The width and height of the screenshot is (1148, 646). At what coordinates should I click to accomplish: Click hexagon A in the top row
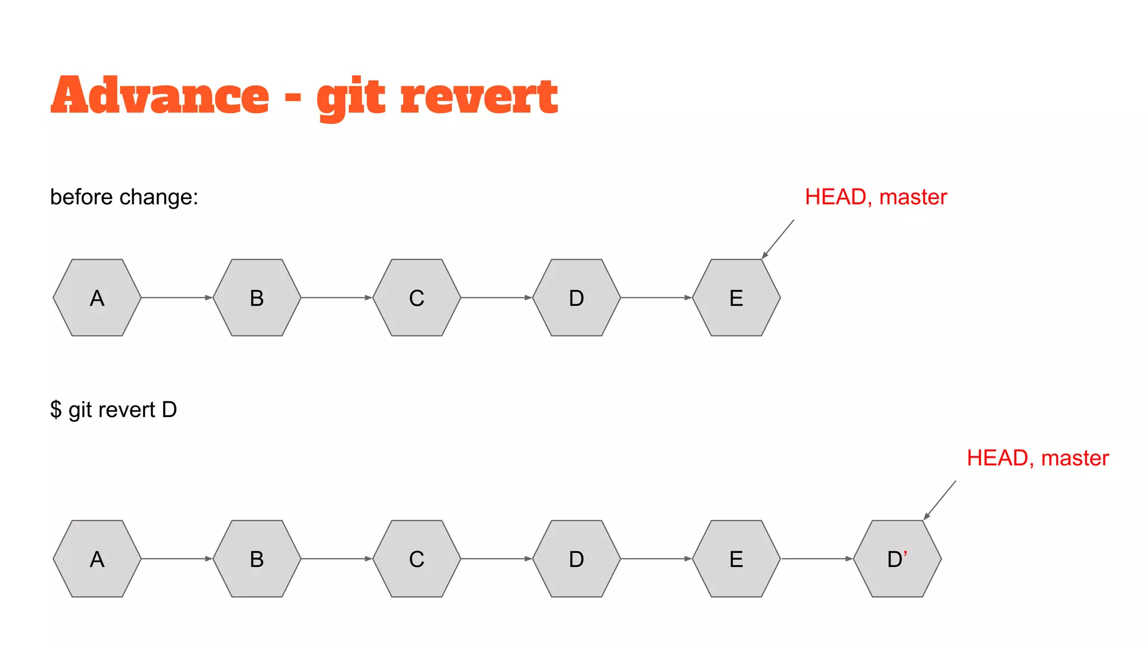97,298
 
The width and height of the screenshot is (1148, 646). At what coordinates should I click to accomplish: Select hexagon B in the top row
257,298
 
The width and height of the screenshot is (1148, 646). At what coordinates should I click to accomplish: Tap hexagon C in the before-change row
416,298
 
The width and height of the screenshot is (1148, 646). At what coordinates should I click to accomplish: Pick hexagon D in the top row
576,298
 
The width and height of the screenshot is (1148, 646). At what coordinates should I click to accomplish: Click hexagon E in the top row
736,298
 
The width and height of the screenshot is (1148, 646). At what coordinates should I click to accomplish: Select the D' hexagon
897,559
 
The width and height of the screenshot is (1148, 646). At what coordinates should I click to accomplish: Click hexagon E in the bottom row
736,559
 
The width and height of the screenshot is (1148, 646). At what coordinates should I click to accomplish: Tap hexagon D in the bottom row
576,559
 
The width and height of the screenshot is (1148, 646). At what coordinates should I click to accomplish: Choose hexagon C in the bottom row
416,559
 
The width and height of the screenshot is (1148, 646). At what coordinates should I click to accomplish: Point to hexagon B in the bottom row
257,559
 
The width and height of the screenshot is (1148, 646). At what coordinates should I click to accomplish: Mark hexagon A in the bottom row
97,559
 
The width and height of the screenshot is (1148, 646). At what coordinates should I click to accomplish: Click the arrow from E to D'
817,559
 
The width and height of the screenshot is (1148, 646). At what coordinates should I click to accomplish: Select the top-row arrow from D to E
656,298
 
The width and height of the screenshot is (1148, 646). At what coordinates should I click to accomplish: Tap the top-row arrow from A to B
177,298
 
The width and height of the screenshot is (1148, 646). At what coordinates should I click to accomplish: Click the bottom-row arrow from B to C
336,559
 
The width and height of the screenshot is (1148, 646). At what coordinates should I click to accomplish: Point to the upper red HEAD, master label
876,197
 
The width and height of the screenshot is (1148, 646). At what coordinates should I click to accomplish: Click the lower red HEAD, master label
1038,458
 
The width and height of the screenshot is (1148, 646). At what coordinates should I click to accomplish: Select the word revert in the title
479,96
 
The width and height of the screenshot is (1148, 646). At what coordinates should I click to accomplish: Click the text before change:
124,197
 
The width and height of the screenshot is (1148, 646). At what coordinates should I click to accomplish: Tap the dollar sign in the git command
55,409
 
